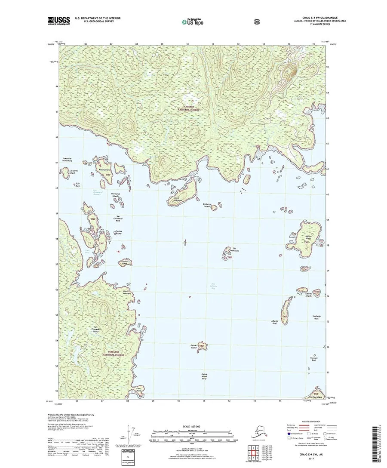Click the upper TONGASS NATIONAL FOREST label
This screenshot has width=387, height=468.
coord(190,108)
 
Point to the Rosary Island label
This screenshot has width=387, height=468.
coord(105,171)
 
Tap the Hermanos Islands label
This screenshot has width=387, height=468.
coord(115,195)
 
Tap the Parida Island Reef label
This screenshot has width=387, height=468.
coord(205,376)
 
